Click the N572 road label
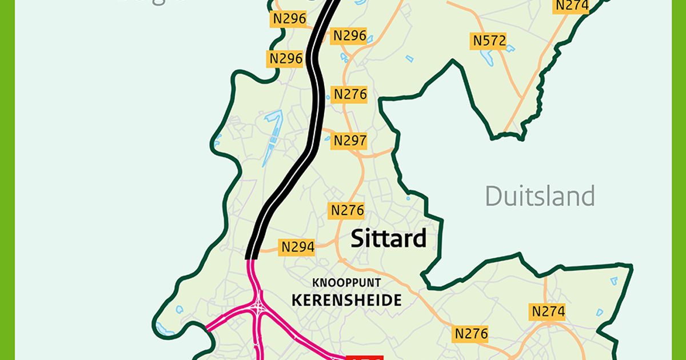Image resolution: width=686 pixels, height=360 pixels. click(489, 41)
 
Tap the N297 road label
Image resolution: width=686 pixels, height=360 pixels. click(350, 140)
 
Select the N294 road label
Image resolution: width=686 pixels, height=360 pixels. click(297, 247)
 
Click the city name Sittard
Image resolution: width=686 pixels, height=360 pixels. click(389, 238)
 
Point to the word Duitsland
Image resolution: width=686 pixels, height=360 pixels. click(540, 196)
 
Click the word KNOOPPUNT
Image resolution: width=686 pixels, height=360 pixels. click(346, 283)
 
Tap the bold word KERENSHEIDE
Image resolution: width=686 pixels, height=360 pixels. click(346, 300)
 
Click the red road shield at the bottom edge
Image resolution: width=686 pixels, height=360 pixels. click(365, 357)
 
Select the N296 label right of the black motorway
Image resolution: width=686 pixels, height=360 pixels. click(349, 35)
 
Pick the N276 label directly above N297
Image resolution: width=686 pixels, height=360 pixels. click(349, 94)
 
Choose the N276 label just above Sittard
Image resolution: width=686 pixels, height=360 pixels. click(347, 210)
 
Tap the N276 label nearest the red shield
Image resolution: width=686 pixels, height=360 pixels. click(471, 333)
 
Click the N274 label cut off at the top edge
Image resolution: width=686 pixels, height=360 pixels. click(572, 6)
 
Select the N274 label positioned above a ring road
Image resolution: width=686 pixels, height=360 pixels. click(548, 311)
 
